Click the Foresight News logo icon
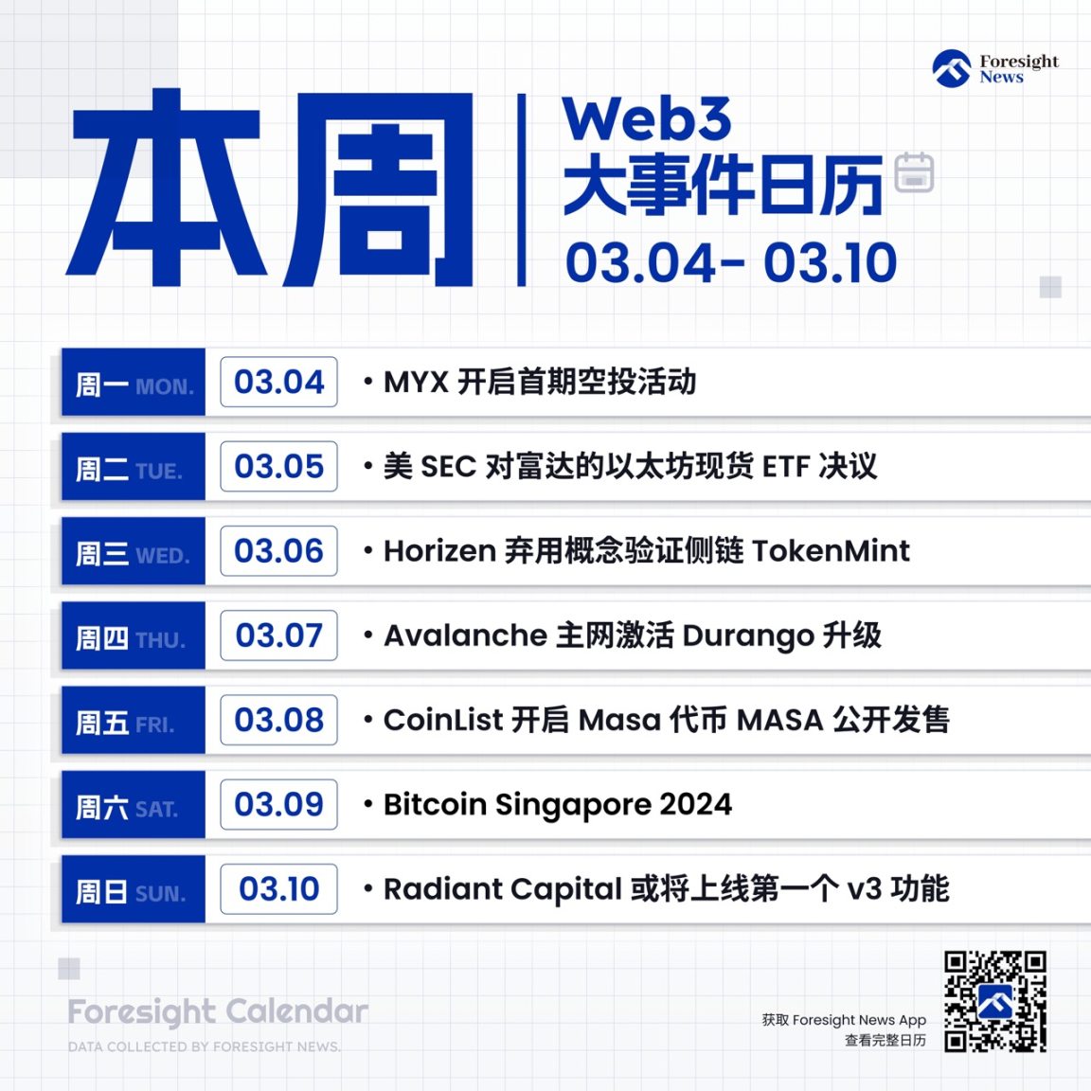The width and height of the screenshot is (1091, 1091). click(951, 69)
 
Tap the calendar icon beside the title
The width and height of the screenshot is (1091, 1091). click(914, 172)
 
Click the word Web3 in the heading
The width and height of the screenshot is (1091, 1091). click(647, 119)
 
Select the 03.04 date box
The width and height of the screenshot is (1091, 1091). click(278, 382)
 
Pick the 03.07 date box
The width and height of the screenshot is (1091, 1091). click(278, 635)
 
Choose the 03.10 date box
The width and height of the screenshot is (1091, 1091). click(278, 889)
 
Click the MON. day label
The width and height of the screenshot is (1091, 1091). click(164, 387)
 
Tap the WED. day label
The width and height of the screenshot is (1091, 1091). click(162, 556)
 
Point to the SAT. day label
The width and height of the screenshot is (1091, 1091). click(156, 810)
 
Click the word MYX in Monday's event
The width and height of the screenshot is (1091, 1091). click(415, 383)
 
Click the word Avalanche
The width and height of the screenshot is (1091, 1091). click(465, 635)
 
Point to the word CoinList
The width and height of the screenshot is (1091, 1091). click(442, 720)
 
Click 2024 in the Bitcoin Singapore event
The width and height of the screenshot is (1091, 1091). click(695, 805)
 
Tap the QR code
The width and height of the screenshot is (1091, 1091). click(994, 1001)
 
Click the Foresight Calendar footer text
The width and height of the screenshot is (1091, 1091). click(218, 1011)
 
